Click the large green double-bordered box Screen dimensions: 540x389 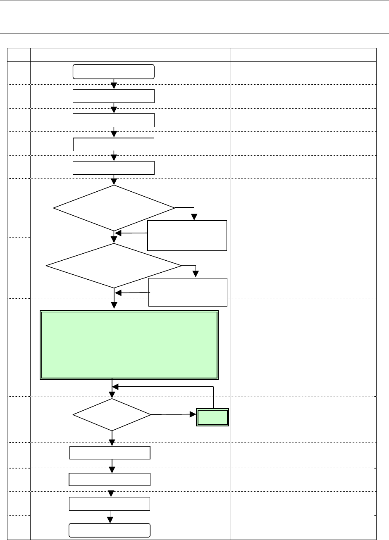tap(129, 345)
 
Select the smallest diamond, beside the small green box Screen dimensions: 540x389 tap(112, 414)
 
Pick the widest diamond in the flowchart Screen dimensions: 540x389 tap(114, 265)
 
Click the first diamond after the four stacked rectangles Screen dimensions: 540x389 tap(114, 208)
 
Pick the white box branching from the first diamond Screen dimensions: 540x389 tap(187, 236)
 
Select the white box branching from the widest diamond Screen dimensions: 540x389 tap(188, 292)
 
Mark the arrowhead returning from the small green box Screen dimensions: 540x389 tap(116, 387)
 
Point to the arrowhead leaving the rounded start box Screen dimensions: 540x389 tap(114, 86)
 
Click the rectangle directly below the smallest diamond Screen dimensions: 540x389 tap(110, 453)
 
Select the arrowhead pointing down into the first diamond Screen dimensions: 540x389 tap(114, 181)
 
